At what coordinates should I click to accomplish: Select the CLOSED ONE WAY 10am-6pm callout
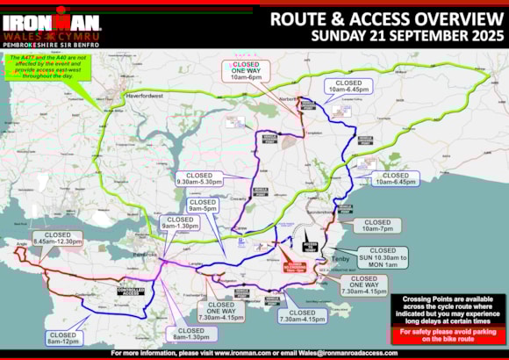pos(245,72)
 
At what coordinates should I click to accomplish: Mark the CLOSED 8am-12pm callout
pos(64,337)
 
